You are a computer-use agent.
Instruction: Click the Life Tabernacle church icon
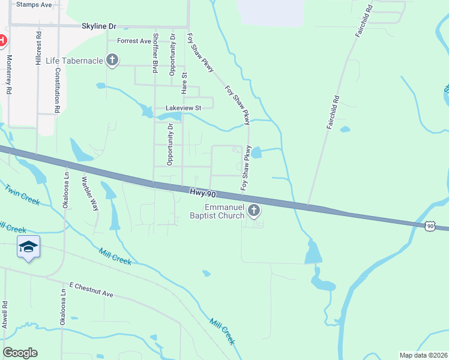coord(112,60)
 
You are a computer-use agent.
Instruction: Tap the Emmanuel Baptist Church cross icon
coord(254,210)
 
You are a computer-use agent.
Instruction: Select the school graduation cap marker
coord(29,247)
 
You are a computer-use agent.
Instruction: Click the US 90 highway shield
coord(429,225)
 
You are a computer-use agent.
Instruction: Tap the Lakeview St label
coord(181,108)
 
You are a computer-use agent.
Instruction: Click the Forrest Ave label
coord(134,41)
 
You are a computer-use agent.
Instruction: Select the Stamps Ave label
coord(34,4)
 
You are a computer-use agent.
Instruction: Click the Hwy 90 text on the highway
coord(202,193)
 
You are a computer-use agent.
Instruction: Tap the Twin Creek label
coord(22,195)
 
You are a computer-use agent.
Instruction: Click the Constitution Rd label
coord(58,90)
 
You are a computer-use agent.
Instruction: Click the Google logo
coord(20,353)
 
